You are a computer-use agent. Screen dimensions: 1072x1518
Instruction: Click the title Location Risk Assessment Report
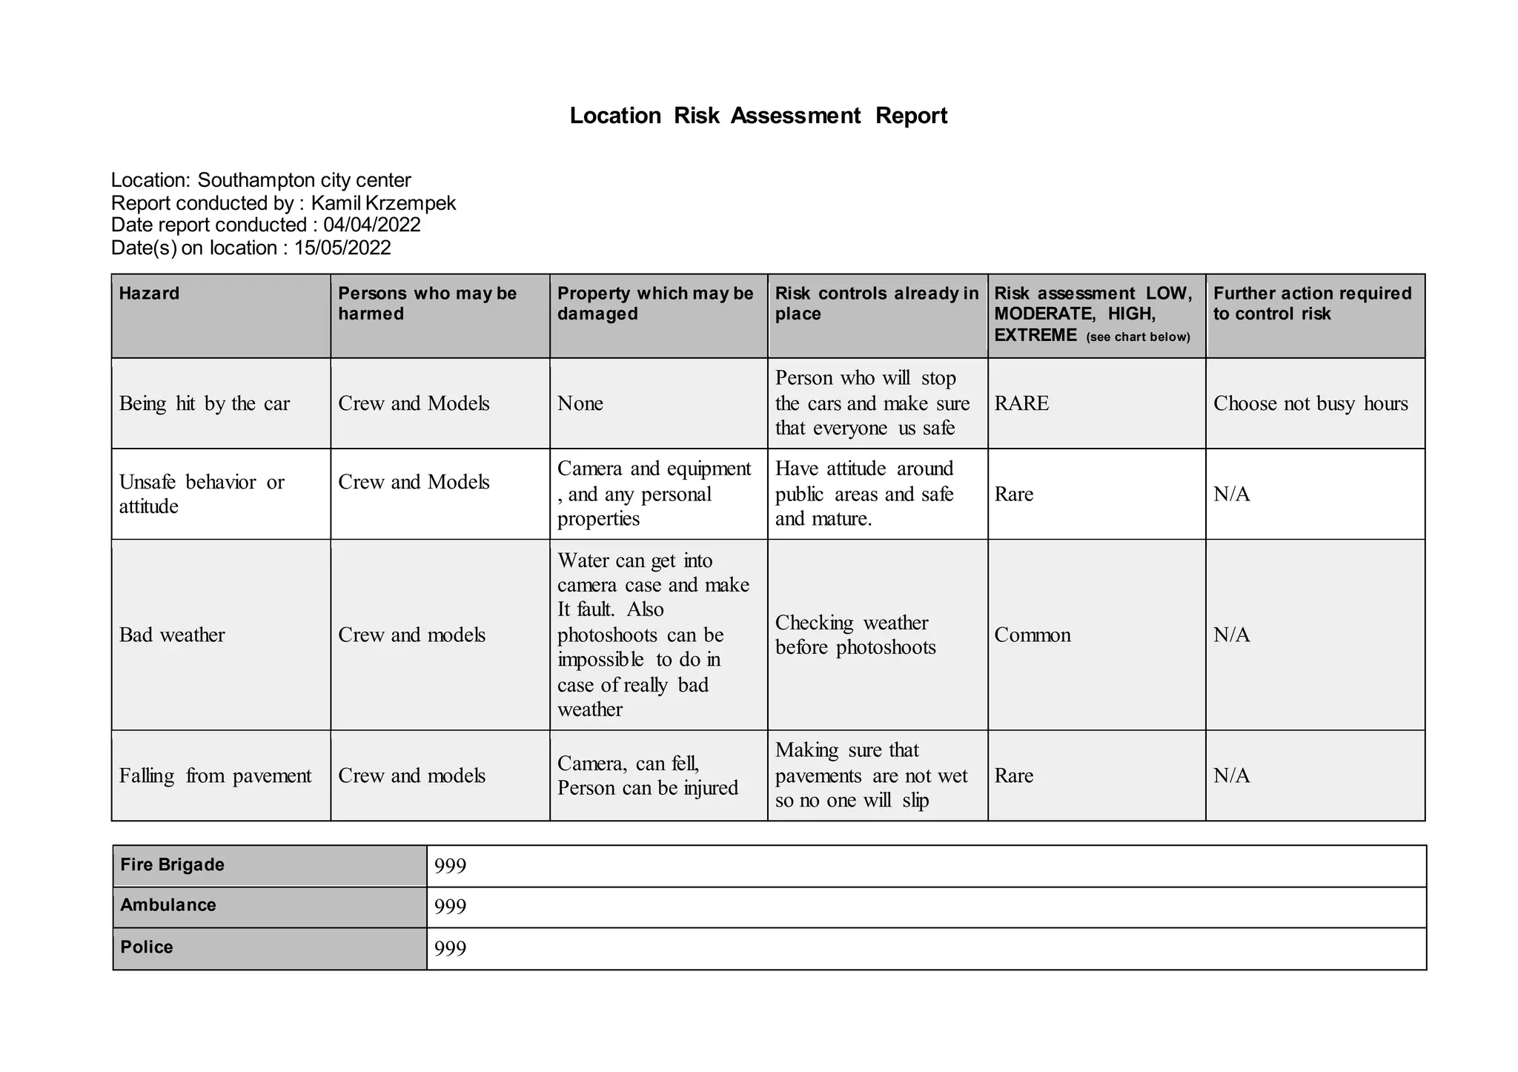(758, 116)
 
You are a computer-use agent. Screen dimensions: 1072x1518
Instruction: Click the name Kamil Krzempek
(383, 203)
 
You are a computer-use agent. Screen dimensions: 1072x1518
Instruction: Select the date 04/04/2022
(372, 225)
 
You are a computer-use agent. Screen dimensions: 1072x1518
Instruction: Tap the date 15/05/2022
(342, 248)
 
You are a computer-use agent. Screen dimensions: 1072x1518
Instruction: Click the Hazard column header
(149, 294)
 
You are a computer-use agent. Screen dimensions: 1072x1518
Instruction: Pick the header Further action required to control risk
(1312, 303)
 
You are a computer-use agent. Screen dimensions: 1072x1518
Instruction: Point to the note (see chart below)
(1138, 337)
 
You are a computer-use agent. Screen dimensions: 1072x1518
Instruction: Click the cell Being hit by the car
(205, 404)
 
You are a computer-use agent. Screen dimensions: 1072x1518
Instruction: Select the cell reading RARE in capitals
(1021, 404)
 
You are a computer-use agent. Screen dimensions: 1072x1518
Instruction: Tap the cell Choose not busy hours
(1310, 404)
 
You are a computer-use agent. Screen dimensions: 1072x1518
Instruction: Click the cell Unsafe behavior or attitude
(202, 494)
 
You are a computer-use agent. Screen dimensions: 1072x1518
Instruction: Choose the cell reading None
(580, 404)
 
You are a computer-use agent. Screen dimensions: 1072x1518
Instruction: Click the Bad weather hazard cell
(172, 635)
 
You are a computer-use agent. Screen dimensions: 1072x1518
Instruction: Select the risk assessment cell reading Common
(1033, 635)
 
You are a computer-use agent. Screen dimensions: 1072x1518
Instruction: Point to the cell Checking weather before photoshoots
(855, 635)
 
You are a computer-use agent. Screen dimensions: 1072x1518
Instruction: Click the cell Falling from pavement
(215, 776)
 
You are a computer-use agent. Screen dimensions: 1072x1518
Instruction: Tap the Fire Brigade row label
(173, 865)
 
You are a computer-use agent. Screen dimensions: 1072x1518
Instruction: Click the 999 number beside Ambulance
(451, 907)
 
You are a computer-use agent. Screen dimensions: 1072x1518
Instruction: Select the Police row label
(147, 947)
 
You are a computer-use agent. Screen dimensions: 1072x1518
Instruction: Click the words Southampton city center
(304, 180)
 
